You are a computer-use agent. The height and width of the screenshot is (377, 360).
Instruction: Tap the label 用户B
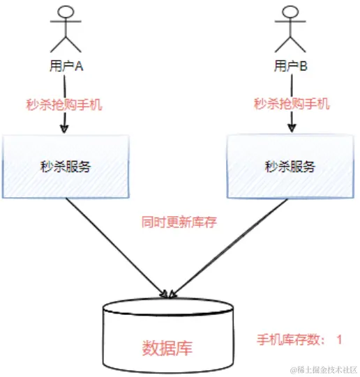(291, 66)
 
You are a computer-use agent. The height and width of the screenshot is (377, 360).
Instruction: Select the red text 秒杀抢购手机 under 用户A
(64, 105)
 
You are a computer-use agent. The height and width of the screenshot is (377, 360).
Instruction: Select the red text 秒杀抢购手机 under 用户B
(291, 105)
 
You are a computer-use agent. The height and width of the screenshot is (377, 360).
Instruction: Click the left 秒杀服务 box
(65, 167)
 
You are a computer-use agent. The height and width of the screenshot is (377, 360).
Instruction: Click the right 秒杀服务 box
(290, 167)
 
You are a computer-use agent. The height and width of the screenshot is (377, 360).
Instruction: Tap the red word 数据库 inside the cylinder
(167, 347)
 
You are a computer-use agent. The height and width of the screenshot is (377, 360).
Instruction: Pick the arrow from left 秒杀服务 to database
(115, 244)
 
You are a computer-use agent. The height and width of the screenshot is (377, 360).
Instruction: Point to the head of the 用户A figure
(65, 13)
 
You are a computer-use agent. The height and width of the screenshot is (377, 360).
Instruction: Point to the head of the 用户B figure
(290, 13)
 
